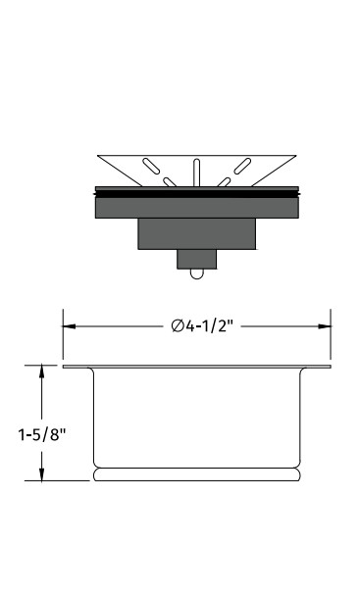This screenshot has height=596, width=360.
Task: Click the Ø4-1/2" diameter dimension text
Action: coord(201,325)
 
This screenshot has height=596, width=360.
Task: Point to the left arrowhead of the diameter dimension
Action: coord(70,326)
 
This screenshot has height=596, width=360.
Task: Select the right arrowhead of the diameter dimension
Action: coord(325,326)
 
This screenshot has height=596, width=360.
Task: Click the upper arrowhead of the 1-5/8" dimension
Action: coord(41,372)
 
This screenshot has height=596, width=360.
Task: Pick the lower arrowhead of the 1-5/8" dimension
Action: coord(41,474)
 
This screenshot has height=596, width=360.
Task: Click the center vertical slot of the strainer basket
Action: coord(196,173)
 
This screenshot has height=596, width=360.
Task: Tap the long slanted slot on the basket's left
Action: coord(151,166)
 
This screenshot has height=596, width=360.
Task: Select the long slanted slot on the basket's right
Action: coord(242,166)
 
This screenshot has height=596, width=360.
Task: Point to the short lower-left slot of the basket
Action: coord(170,182)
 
